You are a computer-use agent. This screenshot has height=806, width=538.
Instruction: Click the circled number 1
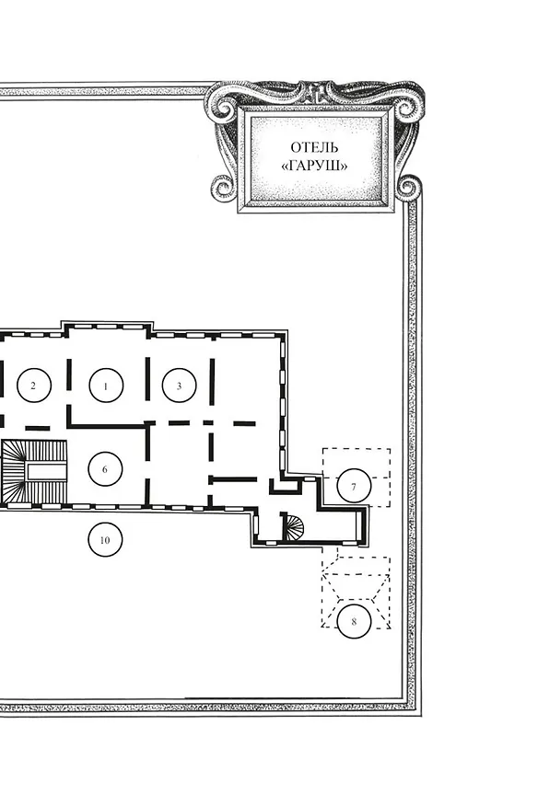106,385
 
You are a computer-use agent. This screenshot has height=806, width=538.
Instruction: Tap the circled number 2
34,385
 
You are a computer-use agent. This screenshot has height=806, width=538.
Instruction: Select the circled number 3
179,385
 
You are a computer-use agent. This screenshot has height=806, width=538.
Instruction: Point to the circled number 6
105,469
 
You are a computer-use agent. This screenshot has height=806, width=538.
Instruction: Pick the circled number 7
354,486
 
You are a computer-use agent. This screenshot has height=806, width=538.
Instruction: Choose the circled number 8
354,621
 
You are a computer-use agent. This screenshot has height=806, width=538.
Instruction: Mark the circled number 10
105,540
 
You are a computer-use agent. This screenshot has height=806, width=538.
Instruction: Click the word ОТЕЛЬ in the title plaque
314,147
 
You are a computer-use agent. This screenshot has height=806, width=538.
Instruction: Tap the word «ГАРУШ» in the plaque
314,166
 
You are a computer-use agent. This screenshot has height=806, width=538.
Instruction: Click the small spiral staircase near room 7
294,526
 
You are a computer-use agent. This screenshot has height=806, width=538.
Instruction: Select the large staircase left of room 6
34,472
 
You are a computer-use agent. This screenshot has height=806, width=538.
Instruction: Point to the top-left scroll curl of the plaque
225,109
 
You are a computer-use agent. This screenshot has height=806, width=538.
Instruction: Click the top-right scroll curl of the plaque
405,109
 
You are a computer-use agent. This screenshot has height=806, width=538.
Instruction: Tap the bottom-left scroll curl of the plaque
224,188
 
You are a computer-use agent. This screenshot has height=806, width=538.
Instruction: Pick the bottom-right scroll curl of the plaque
409,188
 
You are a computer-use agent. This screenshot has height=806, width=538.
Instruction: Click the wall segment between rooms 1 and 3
147,378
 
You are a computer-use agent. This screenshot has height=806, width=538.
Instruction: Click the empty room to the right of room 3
246,380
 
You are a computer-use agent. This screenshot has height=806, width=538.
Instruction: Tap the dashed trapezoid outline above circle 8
356,587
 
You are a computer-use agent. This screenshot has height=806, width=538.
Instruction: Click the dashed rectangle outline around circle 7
390,478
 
